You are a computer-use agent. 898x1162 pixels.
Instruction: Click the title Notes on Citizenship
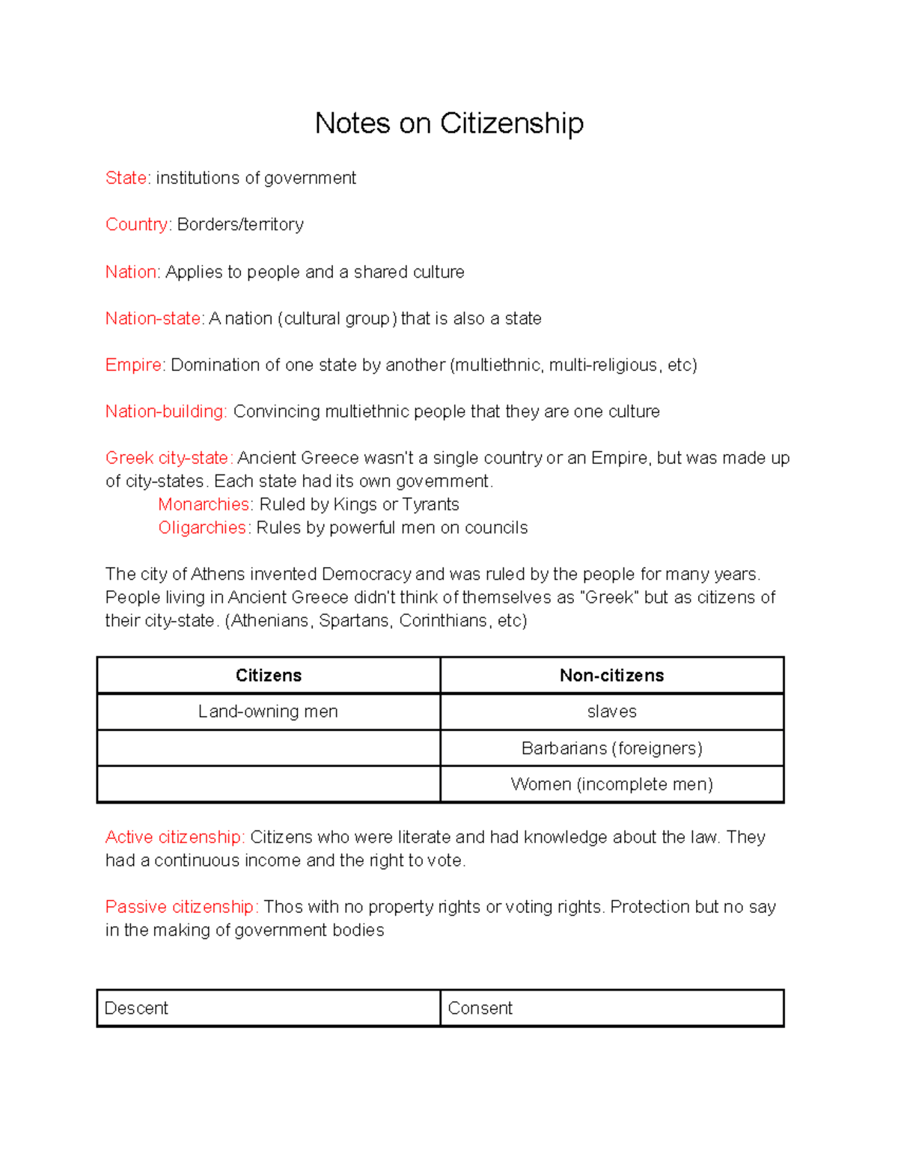point(449,123)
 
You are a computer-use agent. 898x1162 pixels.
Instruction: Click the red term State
point(126,178)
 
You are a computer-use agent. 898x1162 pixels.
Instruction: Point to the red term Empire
point(133,365)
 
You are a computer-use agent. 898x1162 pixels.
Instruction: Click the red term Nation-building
point(165,412)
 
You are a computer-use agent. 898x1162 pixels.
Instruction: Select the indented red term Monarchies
point(204,504)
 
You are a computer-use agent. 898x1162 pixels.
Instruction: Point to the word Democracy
point(366,574)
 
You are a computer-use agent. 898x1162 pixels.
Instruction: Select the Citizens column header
point(269,676)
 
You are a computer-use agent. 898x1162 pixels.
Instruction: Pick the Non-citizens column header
point(611,676)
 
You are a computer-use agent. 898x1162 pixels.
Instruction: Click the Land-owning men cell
point(268,712)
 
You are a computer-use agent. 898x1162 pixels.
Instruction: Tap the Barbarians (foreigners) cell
point(611,748)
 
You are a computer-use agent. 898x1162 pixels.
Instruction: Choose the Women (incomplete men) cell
point(611,784)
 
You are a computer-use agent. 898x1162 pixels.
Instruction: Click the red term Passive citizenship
point(180,907)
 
